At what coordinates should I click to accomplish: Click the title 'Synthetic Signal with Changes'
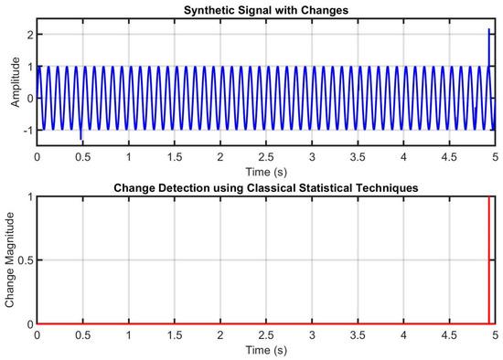265,9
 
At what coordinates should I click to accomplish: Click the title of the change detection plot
265,188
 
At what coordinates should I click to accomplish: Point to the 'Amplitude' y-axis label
15,83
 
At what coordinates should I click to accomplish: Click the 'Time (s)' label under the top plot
265,171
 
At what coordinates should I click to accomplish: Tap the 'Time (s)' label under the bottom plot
265,350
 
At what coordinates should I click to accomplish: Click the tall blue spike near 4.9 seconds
488,46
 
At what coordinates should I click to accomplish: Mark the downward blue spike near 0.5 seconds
80,134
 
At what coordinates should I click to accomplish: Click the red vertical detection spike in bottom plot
489,260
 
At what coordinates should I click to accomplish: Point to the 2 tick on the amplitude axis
29,34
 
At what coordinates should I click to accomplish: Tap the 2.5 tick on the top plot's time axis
265,157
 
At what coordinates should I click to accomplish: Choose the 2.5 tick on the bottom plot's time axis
265,336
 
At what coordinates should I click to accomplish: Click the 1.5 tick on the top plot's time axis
174,157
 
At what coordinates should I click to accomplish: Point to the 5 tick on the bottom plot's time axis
494,336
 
